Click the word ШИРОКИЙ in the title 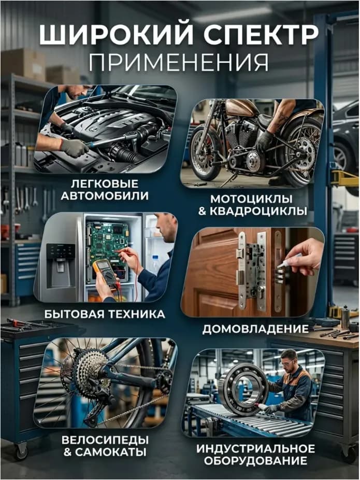(116, 35)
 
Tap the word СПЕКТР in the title (261, 35)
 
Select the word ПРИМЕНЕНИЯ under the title (179, 62)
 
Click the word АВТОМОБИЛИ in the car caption (105, 196)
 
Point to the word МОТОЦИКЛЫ (251, 199)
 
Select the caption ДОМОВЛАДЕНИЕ (255, 329)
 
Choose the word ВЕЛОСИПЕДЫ (105, 440)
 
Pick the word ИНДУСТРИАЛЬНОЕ (255, 449)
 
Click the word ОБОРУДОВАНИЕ (255, 461)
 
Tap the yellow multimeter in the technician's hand (105, 273)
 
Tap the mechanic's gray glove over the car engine (74, 147)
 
